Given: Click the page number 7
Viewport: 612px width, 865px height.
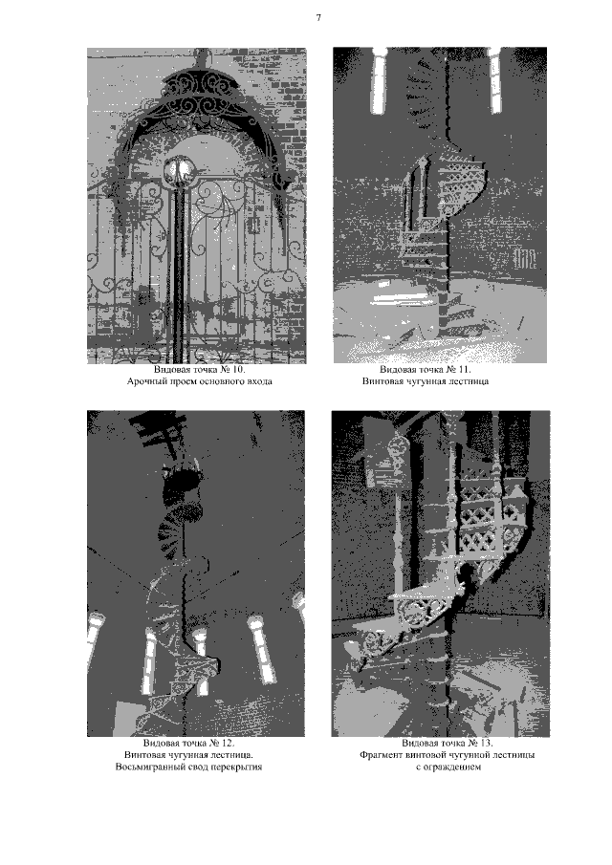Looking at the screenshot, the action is [318, 18].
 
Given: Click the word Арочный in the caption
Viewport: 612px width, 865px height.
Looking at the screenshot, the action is [144, 381].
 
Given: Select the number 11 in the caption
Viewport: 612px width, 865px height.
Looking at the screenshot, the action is [464, 370].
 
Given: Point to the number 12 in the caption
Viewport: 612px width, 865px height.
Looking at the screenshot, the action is [228, 743].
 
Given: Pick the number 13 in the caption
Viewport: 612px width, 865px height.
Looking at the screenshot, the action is [486, 743].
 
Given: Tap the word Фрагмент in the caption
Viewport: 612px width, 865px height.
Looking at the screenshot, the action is [381, 755].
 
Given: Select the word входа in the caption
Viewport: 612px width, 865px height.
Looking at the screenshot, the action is [259, 381].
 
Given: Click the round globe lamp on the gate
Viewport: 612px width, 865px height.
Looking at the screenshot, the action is [178, 169].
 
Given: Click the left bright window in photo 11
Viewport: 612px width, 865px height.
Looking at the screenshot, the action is [379, 80].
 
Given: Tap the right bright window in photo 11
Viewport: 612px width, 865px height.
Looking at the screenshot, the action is [495, 80].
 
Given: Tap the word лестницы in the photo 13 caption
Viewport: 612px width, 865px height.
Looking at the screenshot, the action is [514, 755].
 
